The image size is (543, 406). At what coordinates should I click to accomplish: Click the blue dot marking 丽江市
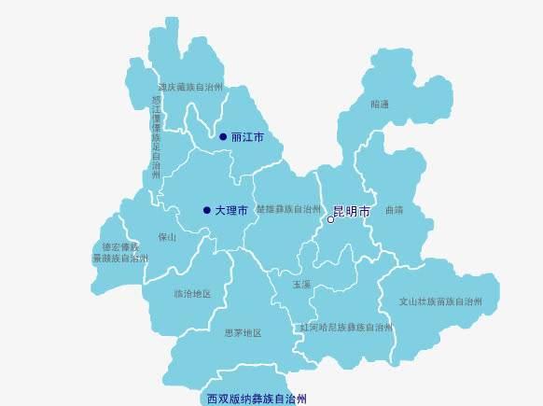pyautogui.click(x=223, y=136)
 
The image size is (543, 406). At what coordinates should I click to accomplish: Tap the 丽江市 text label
pyautogui.click(x=247, y=137)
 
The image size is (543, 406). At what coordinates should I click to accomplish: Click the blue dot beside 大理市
pyautogui.click(x=206, y=210)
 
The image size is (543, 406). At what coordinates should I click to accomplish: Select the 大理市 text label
pyautogui.click(x=230, y=211)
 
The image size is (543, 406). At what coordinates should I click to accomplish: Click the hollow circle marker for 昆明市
pyautogui.click(x=330, y=220)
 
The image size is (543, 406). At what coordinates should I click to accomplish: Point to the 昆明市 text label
pyautogui.click(x=351, y=212)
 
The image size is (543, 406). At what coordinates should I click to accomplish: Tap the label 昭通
pyautogui.click(x=380, y=105)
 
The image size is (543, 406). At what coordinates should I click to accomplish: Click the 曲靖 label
pyautogui.click(x=394, y=210)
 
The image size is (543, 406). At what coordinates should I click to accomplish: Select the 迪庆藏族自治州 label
pyautogui.click(x=190, y=87)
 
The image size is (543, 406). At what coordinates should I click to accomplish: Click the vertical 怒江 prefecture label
pyautogui.click(x=156, y=136)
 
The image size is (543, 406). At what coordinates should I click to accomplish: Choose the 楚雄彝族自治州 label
pyautogui.click(x=282, y=210)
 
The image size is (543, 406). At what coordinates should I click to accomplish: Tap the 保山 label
pyautogui.click(x=167, y=237)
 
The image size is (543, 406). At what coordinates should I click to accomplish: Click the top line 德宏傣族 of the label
pyautogui.click(x=120, y=247)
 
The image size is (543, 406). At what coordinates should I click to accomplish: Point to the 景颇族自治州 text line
pyautogui.click(x=120, y=258)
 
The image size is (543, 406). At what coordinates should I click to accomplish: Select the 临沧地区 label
pyautogui.click(x=192, y=293)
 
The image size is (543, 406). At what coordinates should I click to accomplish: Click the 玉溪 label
pyautogui.click(x=301, y=284)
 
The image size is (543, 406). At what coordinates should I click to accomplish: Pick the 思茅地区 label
pyautogui.click(x=243, y=332)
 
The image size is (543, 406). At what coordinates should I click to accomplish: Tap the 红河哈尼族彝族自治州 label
pyautogui.click(x=345, y=328)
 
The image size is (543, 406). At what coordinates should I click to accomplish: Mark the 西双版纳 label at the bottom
pyautogui.click(x=257, y=399)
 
